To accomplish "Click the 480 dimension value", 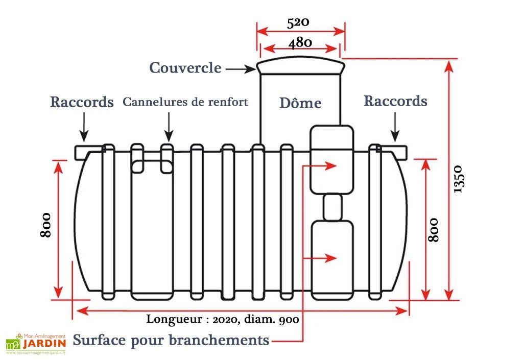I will click(x=300, y=42).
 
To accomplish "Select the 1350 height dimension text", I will click(x=458, y=179).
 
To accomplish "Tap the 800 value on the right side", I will click(x=433, y=229).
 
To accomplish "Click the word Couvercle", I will click(x=185, y=68).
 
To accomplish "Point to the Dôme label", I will click(x=300, y=103).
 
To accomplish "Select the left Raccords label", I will click(x=82, y=102).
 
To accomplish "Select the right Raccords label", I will click(x=395, y=101).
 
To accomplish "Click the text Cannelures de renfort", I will click(x=185, y=102).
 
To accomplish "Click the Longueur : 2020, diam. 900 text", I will click(x=223, y=320).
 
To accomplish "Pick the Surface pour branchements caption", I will click(x=171, y=340).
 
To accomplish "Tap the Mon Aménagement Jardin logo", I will click(x=36, y=343).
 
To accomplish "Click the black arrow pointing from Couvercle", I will click(x=240, y=68).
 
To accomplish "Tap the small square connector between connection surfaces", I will click(x=332, y=207).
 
